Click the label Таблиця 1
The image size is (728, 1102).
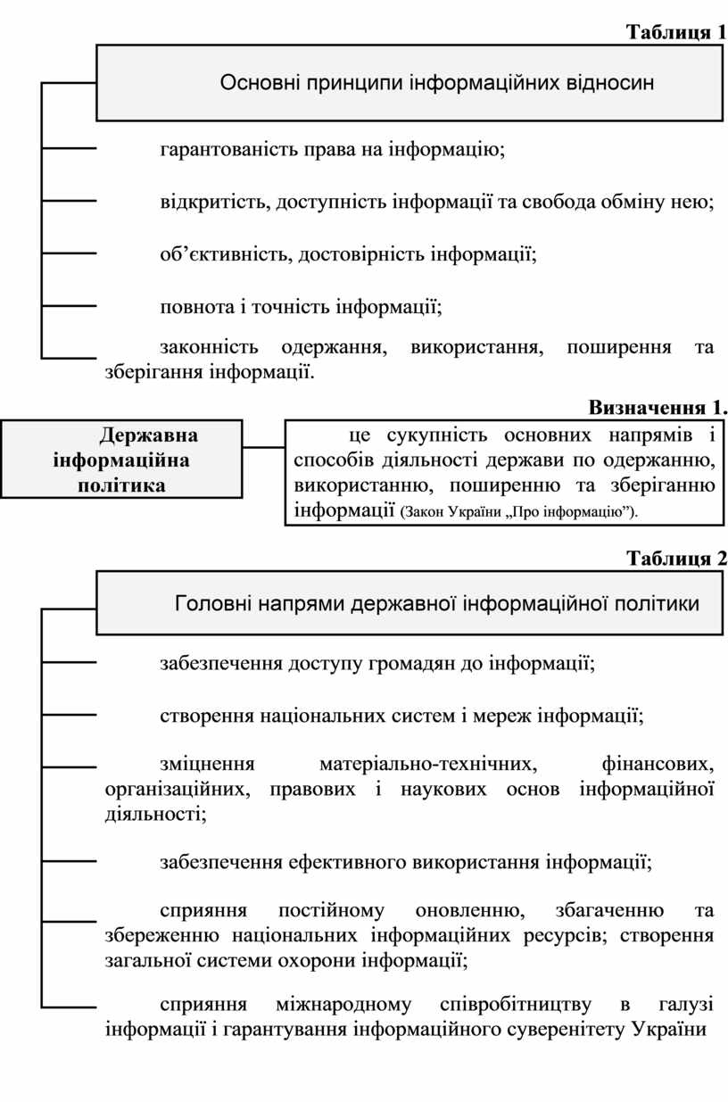coord(676,32)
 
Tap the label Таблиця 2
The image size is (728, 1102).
coord(676,559)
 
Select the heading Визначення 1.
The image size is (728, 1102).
coord(658,408)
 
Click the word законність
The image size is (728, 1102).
coord(209,347)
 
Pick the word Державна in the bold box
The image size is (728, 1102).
coord(148,435)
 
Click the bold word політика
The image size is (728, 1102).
coord(121,486)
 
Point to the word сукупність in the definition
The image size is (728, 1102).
coord(437,435)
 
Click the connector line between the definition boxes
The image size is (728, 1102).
coord(264,447)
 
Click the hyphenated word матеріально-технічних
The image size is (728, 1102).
coord(428,765)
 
